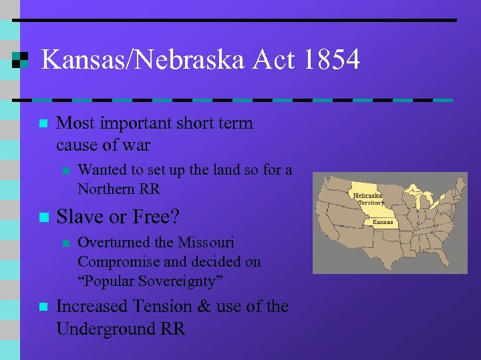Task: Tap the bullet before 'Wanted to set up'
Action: (65, 171)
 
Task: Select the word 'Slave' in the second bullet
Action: (79, 216)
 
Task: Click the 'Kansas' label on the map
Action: (383, 222)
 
